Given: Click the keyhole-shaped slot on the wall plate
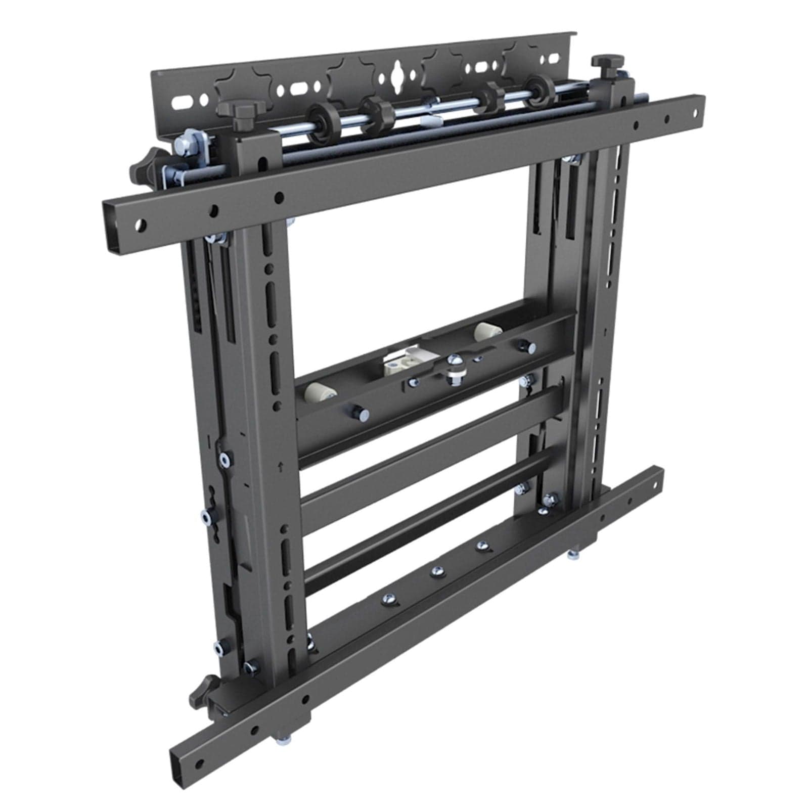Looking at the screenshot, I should pyautogui.click(x=394, y=78).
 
